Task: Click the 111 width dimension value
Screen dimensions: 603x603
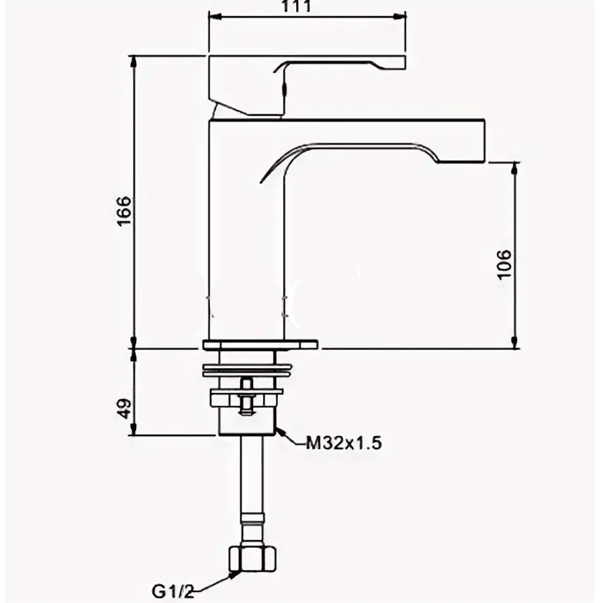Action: (296, 6)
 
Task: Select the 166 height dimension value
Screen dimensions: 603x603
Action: (124, 211)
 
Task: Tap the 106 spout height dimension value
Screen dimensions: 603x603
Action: (504, 265)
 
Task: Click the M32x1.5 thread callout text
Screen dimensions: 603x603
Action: (344, 443)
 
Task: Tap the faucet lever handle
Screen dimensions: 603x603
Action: (307, 86)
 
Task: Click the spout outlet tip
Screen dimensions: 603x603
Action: (461, 161)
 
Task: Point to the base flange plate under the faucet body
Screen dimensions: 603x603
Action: (260, 344)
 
